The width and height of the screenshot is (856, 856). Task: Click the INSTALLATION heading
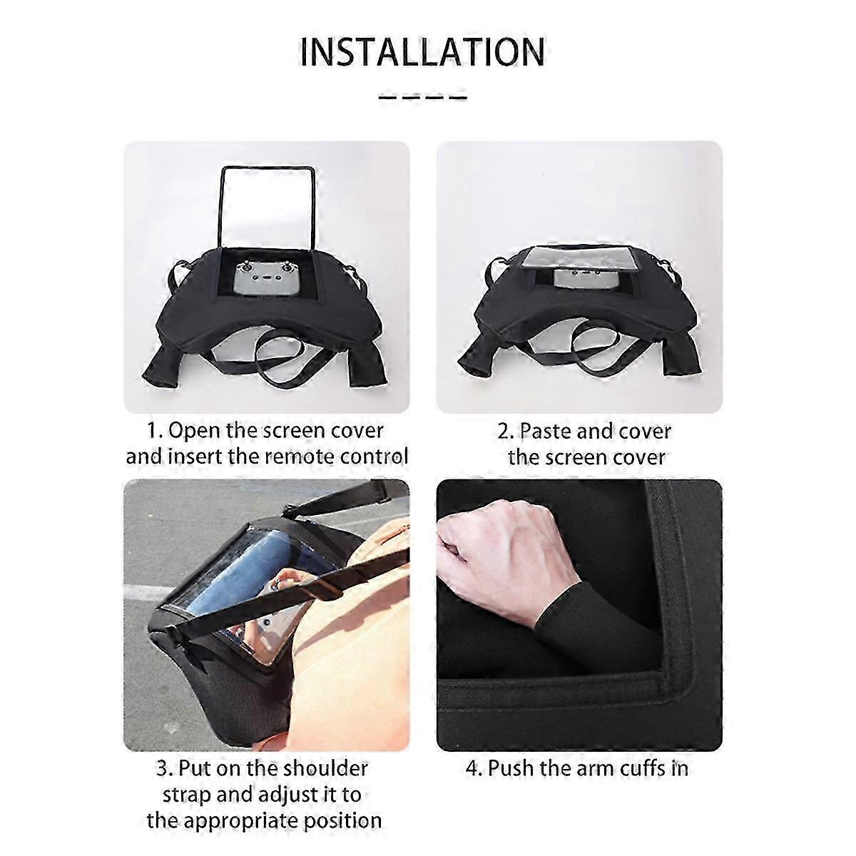coord(422,52)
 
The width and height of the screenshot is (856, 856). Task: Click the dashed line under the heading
coord(422,96)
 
